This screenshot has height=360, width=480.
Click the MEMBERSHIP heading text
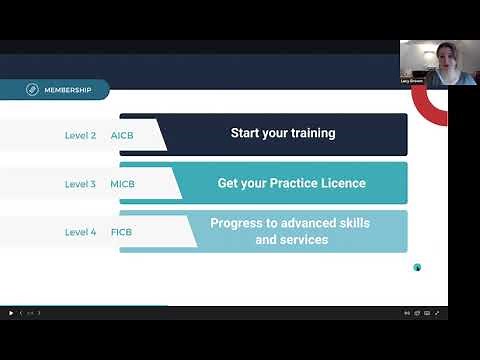point(70,90)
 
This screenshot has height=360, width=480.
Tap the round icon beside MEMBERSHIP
point(33,90)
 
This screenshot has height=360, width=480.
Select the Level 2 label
point(81,135)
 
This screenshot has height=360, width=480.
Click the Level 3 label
point(81,184)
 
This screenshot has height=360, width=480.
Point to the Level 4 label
point(81,232)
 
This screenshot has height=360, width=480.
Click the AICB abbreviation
point(122,135)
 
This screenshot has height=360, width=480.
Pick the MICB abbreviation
point(122,184)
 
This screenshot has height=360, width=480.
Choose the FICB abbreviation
point(122,232)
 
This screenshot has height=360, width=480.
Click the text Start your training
point(283,133)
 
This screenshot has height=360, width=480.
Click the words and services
point(291,240)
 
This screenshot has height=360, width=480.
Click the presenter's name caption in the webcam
point(413,80)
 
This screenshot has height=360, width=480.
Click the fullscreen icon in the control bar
point(437,313)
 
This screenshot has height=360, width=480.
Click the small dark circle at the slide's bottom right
point(417,267)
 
